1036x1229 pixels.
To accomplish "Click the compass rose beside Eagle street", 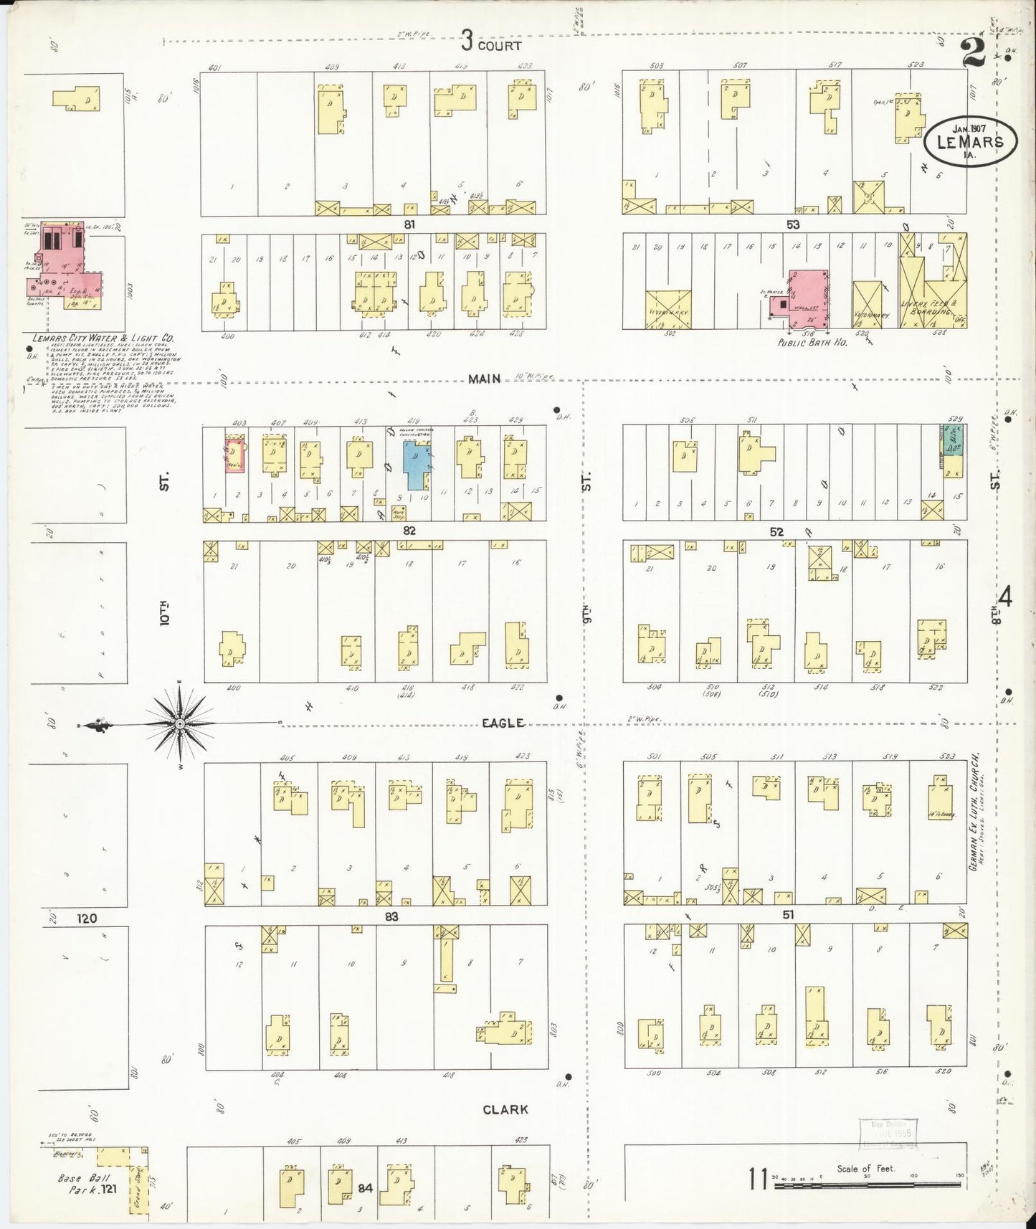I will pyautogui.click(x=179, y=724).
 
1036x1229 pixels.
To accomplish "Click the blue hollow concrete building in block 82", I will pyautogui.click(x=415, y=465).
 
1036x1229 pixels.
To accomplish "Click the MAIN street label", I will pyautogui.click(x=484, y=379).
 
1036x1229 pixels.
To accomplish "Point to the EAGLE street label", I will pyautogui.click(x=503, y=723).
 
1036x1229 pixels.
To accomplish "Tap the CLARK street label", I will pyautogui.click(x=505, y=1109).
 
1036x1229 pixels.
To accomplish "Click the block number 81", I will pyautogui.click(x=409, y=224).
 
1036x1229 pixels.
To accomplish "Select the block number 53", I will pyautogui.click(x=792, y=224).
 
